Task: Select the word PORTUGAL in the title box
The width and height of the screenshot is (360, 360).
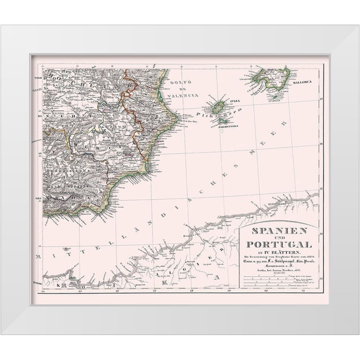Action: (x=279, y=244)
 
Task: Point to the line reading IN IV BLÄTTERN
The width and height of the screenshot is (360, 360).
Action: (x=279, y=251)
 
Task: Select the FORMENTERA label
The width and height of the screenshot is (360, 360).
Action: (x=228, y=126)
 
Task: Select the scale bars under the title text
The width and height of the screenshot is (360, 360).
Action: (x=279, y=280)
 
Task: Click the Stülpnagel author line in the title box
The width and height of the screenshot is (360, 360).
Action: (x=279, y=261)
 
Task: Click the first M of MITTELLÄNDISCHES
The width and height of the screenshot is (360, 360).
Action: (x=39, y=257)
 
